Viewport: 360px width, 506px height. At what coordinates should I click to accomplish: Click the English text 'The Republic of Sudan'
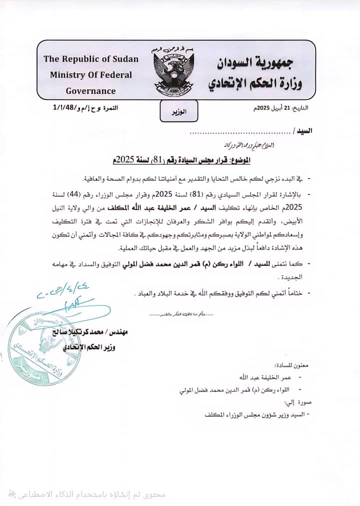tap(90, 58)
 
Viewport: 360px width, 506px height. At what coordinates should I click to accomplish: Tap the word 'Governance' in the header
tap(90, 91)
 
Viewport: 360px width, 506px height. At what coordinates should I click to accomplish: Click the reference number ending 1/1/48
tap(85, 107)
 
